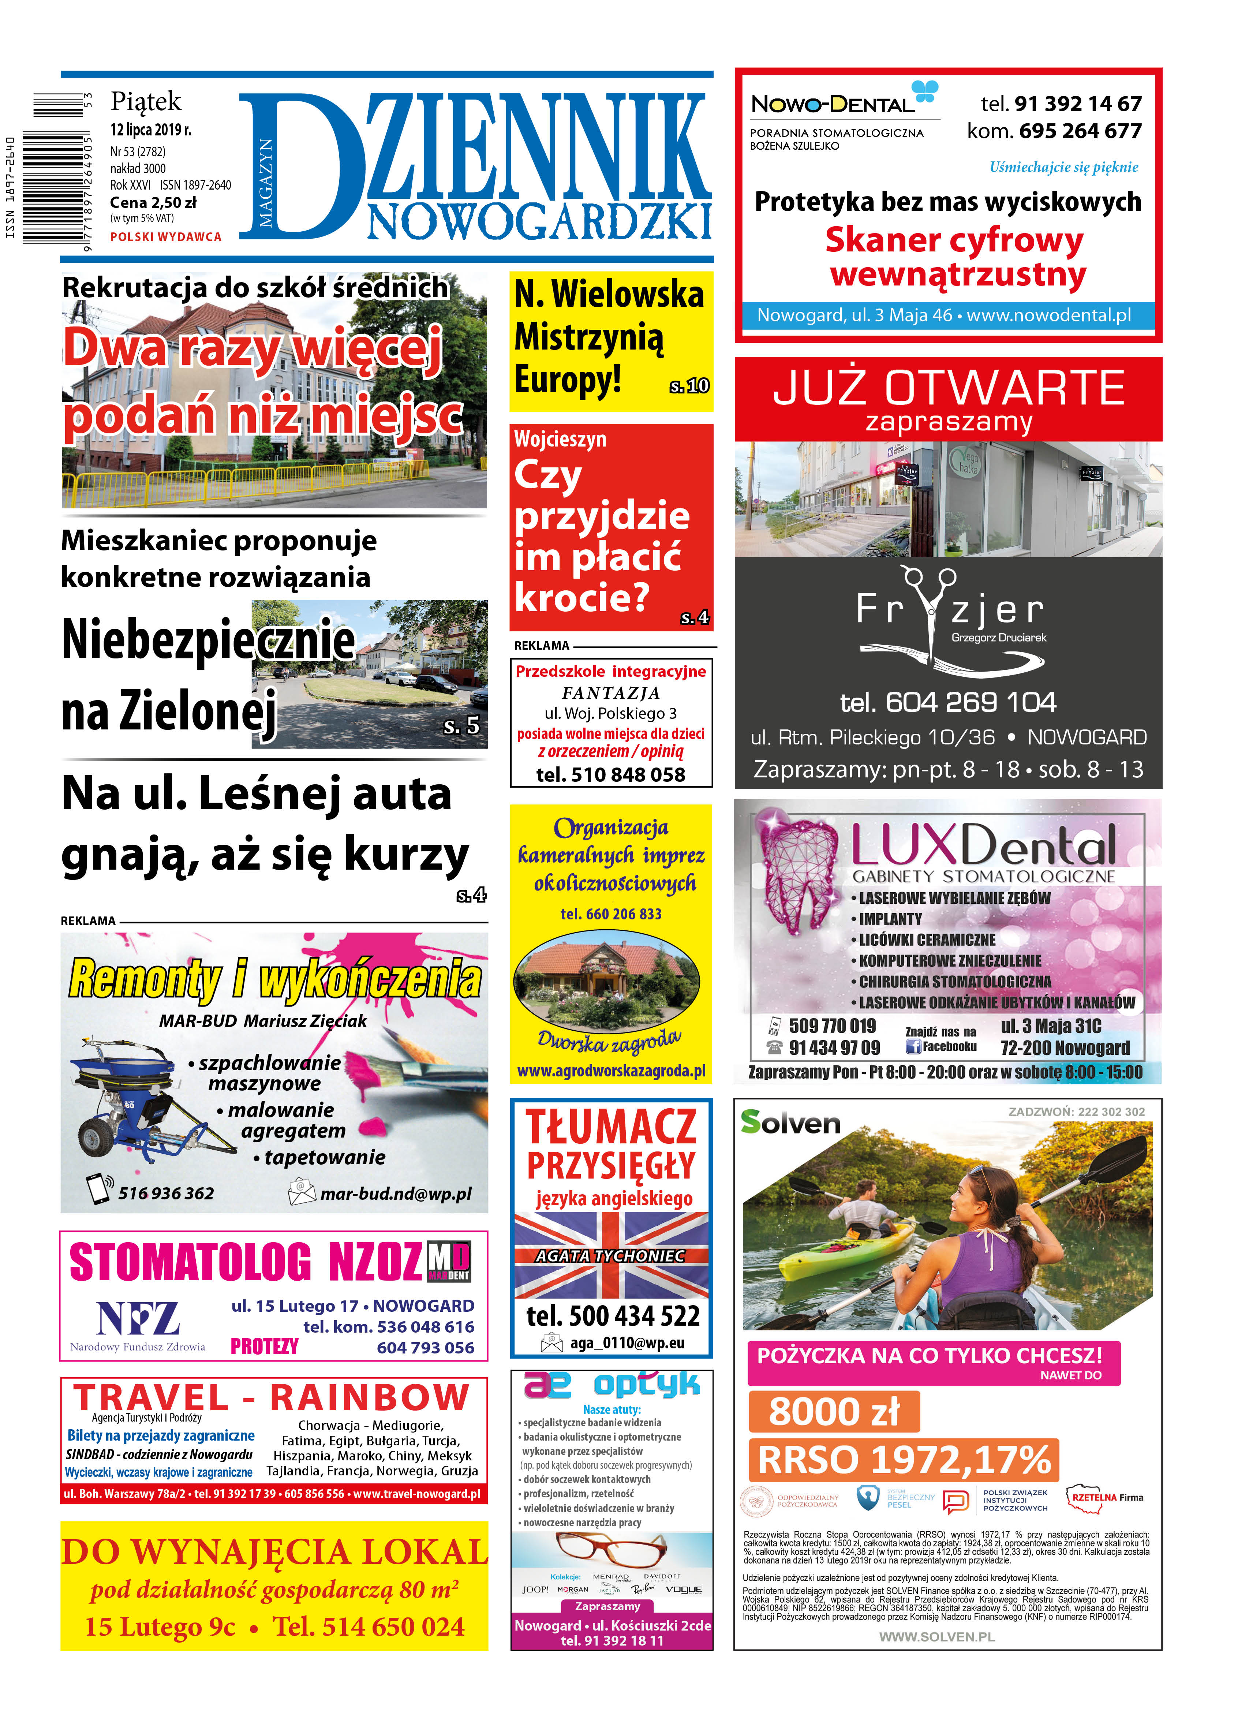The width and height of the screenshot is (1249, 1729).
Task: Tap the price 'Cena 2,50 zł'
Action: click(153, 203)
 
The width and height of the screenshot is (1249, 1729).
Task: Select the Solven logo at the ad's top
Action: click(790, 1123)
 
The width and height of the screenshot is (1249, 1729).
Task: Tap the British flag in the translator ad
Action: click(611, 1256)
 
